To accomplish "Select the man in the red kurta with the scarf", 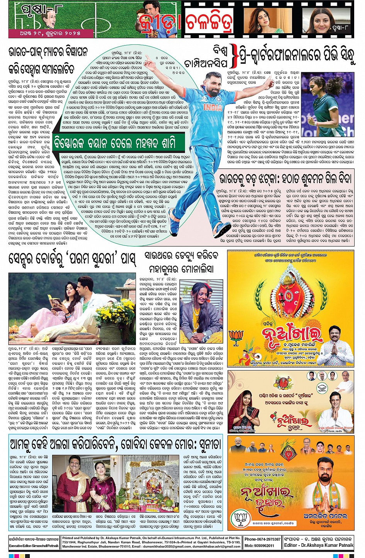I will tap(71, 481).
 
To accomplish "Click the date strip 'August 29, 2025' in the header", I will tap(50, 34).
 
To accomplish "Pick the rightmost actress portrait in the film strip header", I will tap(326, 20).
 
